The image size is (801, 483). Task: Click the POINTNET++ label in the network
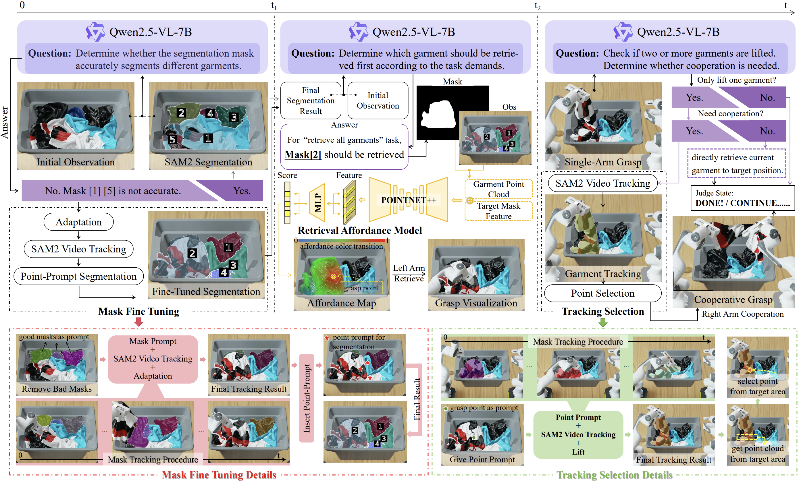click(x=408, y=200)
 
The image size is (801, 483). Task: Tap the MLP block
click(x=317, y=203)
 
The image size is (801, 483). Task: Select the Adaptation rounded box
click(x=79, y=222)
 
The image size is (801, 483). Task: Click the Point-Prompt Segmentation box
click(x=79, y=277)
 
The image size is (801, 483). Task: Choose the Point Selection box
click(x=602, y=293)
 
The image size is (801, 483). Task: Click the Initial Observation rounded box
click(x=378, y=101)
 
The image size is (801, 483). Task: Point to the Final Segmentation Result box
click(x=311, y=101)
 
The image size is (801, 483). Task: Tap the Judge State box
click(x=742, y=198)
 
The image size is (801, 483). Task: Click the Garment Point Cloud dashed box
click(x=498, y=189)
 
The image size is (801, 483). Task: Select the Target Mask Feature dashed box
click(x=498, y=211)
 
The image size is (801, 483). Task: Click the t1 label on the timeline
click(x=274, y=6)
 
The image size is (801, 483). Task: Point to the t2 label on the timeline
click(x=537, y=6)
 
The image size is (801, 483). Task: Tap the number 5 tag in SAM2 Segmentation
click(x=173, y=140)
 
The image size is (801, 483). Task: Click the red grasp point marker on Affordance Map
click(x=333, y=277)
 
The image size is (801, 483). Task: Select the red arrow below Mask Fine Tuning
click(x=139, y=322)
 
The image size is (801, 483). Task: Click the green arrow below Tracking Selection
click(x=603, y=322)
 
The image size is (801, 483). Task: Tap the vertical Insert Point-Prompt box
click(x=307, y=398)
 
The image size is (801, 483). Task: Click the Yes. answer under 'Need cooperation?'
click(x=694, y=131)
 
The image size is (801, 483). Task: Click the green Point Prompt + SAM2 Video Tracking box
click(x=578, y=434)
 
